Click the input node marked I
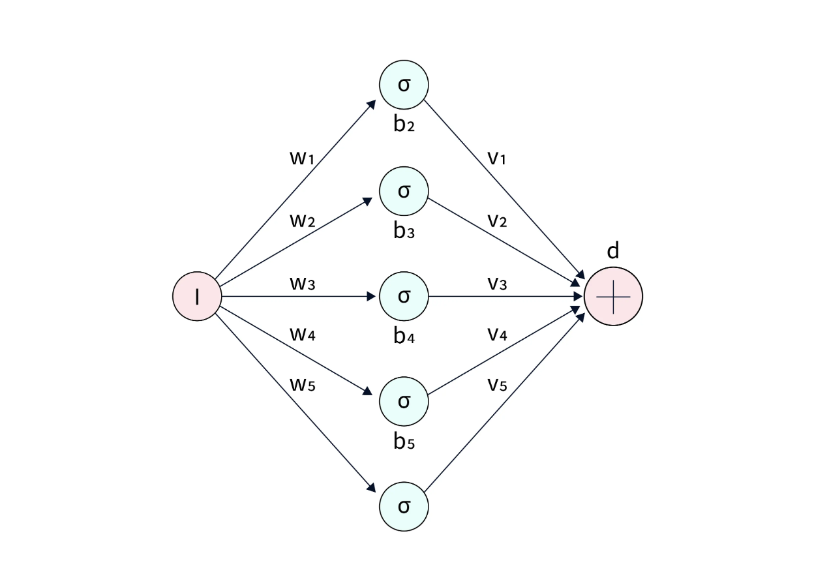coord(197,296)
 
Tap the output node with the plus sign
coord(613,296)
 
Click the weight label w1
coord(303,158)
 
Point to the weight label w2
coord(303,220)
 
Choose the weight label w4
coord(303,334)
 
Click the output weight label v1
coord(497,158)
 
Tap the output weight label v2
coord(497,220)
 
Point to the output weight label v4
coord(497,334)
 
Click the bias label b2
coord(404,125)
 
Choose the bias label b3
coord(404,231)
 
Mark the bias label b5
coord(404,442)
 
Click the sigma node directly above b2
coord(404,85)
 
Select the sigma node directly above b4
coord(404,296)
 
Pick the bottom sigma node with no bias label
coord(404,506)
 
